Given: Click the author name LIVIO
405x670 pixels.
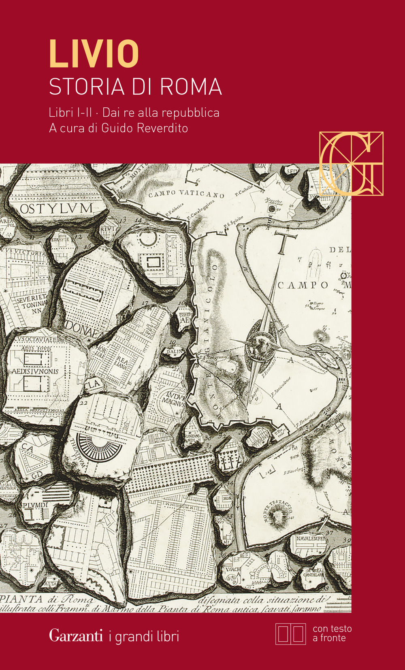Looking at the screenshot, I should coord(94,53).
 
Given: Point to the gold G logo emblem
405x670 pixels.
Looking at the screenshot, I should coord(351,164).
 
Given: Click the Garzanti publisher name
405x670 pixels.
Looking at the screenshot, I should coord(76,636).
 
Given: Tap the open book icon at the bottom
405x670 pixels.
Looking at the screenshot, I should coord(290,634).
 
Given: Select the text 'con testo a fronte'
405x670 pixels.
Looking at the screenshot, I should coord(332,634).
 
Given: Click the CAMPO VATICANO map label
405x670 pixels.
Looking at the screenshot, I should coord(186,194).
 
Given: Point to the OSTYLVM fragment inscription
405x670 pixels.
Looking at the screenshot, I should coord(56,209).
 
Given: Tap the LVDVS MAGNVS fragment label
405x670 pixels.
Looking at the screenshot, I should coord(174,399).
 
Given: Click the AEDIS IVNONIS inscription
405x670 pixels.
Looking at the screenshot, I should coord(35,371).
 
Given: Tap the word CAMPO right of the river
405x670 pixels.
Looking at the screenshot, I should coord(303,285).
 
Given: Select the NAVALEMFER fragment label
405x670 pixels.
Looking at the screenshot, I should coord(311,539).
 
